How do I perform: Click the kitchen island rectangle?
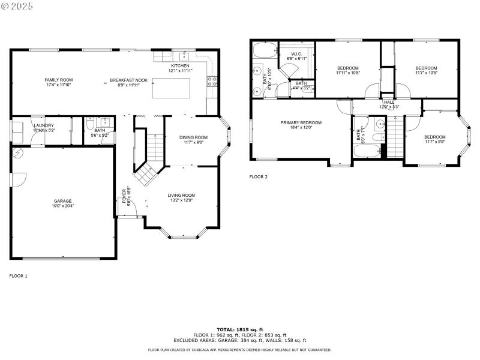tap(171, 88)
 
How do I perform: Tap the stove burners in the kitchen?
tap(212, 81)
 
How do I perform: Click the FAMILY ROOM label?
tap(58, 80)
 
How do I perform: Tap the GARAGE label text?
tap(62, 201)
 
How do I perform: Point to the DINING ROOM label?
tap(193, 137)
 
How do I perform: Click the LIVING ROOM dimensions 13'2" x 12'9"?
tap(181, 200)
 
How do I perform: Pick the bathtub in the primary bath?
tap(263, 49)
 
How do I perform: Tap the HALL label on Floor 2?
tap(389, 102)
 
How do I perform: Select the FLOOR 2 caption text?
tap(259, 177)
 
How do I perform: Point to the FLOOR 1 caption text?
tap(19, 276)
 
